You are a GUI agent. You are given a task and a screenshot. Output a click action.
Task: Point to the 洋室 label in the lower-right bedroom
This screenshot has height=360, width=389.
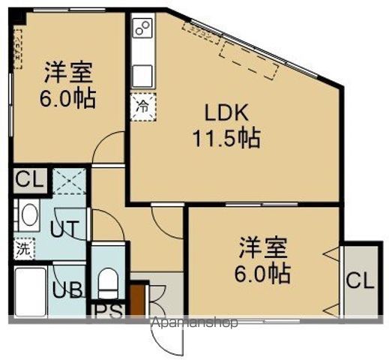[x=262, y=247]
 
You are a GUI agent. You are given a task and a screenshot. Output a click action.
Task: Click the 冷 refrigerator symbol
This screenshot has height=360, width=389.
[x=142, y=106]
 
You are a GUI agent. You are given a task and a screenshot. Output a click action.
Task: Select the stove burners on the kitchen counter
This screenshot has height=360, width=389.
[x=141, y=29]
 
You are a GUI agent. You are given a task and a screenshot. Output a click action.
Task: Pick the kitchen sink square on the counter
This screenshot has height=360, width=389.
[x=142, y=76]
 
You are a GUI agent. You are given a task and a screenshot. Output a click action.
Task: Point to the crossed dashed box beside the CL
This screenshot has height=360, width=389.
[x=67, y=180]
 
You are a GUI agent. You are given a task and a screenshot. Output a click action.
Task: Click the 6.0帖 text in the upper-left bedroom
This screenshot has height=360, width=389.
[x=67, y=98]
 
